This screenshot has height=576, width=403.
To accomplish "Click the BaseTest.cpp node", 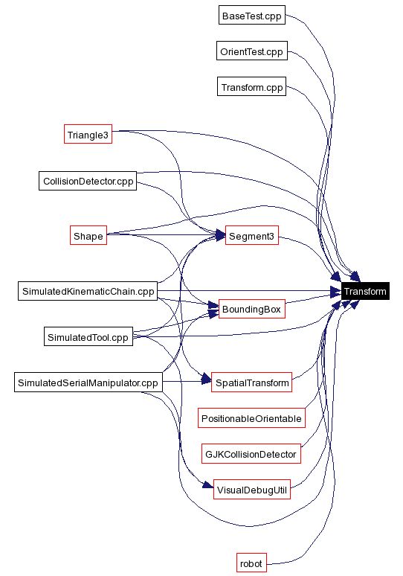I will pyautogui.click(x=252, y=16).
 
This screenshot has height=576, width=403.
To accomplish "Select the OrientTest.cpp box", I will pyautogui.click(x=252, y=51).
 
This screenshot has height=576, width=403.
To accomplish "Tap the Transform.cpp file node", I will pyautogui.click(x=252, y=87).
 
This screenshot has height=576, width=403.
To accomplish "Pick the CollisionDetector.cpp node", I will pyautogui.click(x=88, y=181).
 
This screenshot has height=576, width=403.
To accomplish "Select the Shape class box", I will pyautogui.click(x=88, y=236).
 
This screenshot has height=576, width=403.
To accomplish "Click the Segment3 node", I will pyautogui.click(x=251, y=236).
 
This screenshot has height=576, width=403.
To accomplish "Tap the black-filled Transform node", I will pyautogui.click(x=364, y=292).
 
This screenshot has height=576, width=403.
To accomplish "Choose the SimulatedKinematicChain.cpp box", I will pyautogui.click(x=88, y=291).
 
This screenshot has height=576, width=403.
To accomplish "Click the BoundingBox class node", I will pyautogui.click(x=251, y=310).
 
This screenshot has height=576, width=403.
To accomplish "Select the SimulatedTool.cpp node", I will pyautogui.click(x=88, y=337).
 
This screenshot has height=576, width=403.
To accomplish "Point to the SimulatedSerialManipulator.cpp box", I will pyautogui.click(x=88, y=383).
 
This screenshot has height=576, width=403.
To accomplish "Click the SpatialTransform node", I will pyautogui.click(x=251, y=383).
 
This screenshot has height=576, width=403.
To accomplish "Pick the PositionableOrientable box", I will pyautogui.click(x=251, y=419).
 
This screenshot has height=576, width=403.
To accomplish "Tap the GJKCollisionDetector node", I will pyautogui.click(x=251, y=453).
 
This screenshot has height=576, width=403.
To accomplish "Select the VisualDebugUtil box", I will pyautogui.click(x=251, y=490).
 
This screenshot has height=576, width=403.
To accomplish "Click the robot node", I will pyautogui.click(x=251, y=563).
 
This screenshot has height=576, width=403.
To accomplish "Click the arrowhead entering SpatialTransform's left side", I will pyautogui.click(x=206, y=383).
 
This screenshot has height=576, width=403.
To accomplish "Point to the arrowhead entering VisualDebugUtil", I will pyautogui.click(x=207, y=488).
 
